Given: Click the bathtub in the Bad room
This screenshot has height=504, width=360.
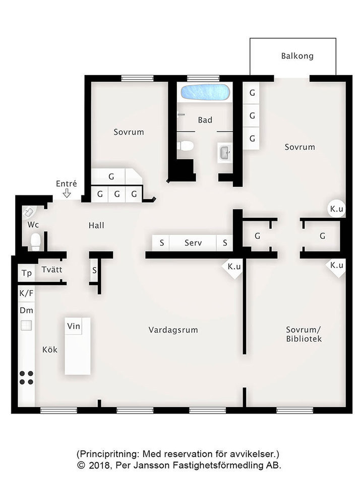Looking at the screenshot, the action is pos(205,92).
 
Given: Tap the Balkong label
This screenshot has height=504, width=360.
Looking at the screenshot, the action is pos(297,56).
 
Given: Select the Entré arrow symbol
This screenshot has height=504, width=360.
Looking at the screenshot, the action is pos(67,193).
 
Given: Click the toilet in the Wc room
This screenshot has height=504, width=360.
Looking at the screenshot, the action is pos(35,241).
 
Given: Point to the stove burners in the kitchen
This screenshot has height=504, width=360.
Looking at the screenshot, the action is pos(26,377).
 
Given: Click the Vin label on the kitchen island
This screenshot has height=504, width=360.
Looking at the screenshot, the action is pos(74,326).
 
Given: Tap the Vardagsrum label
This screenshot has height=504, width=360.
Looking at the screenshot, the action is pos(173,330).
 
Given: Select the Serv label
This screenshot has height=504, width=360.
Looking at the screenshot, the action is pos(193,243).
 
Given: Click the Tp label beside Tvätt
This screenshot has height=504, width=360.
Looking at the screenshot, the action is pos(27,273).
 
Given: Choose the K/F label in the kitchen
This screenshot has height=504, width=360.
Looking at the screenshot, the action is pos(26,293).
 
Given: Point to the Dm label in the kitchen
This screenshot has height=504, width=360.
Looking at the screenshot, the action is pos(26,310).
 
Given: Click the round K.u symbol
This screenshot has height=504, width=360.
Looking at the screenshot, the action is pos(337,209).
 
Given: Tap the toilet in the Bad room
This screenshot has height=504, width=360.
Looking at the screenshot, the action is pos(185,146).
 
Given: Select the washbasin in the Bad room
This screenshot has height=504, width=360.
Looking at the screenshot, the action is pos(225,153).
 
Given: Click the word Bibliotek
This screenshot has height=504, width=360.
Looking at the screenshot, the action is pos(304,339).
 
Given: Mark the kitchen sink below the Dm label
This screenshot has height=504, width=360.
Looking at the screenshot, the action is pos(26,326).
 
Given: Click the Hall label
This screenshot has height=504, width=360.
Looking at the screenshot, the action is pos(96,226).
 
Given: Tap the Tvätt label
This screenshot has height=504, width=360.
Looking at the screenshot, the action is pos(52,270).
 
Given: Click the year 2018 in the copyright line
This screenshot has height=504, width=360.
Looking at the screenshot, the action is pos(100,465).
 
